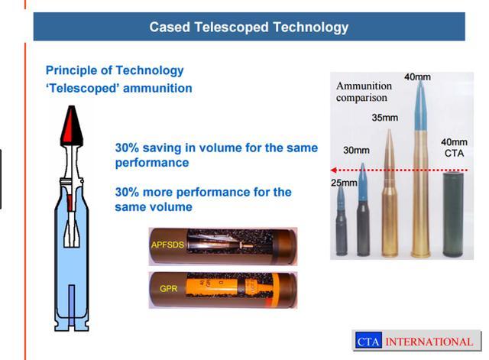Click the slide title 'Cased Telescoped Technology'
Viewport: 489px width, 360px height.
click(249, 28)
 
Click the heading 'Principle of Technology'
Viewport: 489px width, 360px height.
click(115, 70)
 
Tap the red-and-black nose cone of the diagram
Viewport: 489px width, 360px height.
click(72, 125)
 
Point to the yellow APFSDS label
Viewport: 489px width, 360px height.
click(167, 245)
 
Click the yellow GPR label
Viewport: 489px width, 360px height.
click(168, 289)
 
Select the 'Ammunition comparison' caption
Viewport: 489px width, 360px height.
click(364, 92)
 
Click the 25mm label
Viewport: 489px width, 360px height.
click(344, 183)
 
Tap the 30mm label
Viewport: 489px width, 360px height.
click(357, 151)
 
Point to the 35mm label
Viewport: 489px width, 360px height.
click(385, 118)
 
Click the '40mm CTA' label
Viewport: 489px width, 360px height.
click(454, 148)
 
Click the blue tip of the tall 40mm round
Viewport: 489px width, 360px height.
click(420, 105)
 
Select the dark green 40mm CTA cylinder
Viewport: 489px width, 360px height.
click(453, 214)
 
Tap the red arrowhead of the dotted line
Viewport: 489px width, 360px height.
click(333, 170)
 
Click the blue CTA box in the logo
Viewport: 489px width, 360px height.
click(368, 340)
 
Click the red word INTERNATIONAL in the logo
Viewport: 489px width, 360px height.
click(429, 342)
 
